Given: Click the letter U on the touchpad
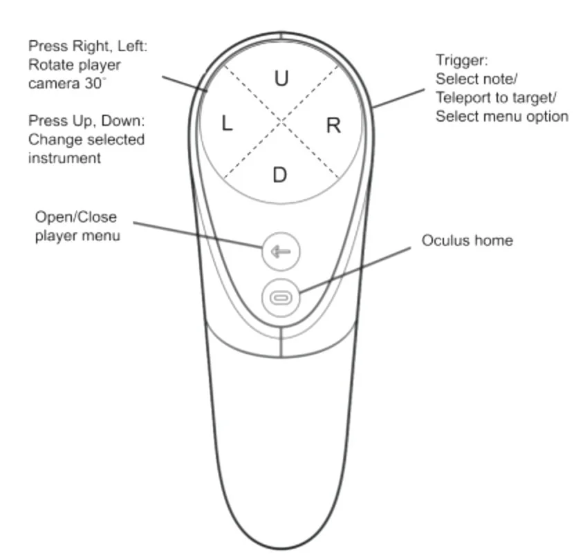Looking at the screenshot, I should pyautogui.click(x=281, y=79).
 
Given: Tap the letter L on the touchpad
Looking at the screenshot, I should pyautogui.click(x=227, y=124).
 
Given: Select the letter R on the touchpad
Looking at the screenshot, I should pyautogui.click(x=333, y=125).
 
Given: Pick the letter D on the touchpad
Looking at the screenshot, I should pyautogui.click(x=279, y=175).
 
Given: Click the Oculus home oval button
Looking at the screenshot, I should pyautogui.click(x=281, y=297).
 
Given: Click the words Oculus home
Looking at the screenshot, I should pyautogui.click(x=467, y=240).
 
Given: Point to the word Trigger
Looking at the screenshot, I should pyautogui.click(x=462, y=60).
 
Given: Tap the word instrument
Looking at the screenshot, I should pyautogui.click(x=64, y=158).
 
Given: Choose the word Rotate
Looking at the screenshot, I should pyautogui.click(x=53, y=65).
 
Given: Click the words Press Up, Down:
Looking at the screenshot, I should pyautogui.click(x=86, y=121).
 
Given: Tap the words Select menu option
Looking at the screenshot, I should pyautogui.click(x=501, y=115).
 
